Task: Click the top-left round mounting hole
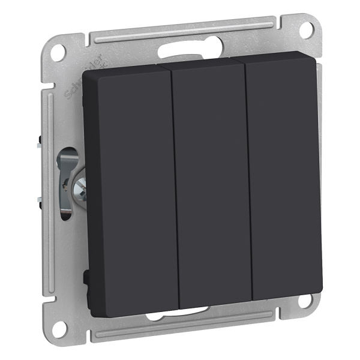[58, 53]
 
